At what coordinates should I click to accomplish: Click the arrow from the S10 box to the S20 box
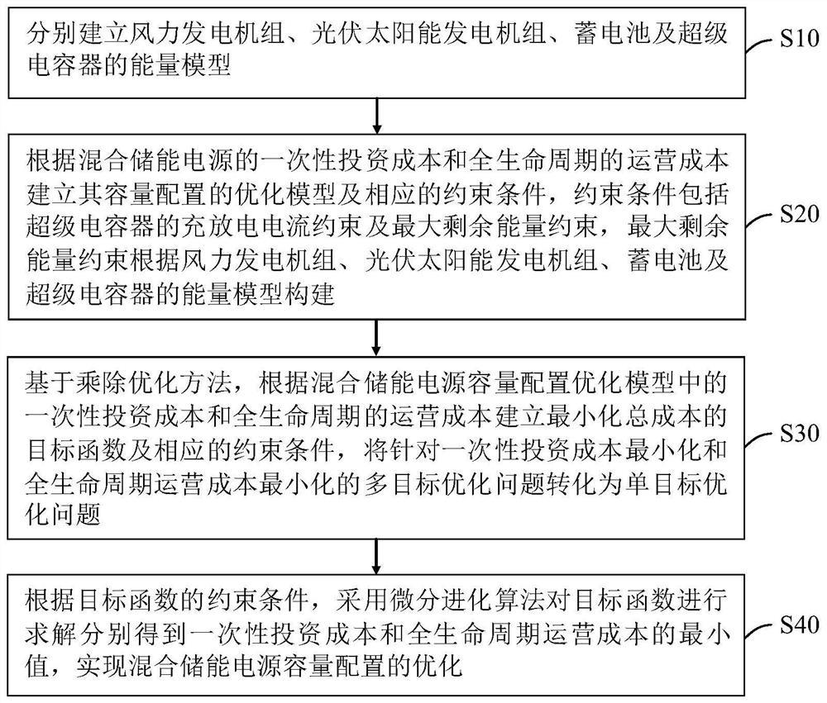(x=377, y=115)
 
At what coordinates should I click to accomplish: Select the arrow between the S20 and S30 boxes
(x=377, y=335)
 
